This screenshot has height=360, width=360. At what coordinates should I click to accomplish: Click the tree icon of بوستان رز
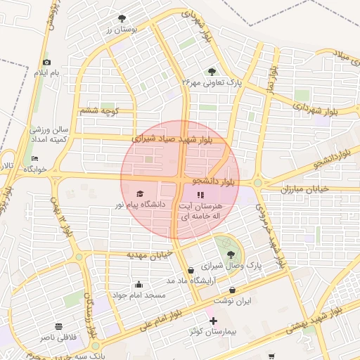point(123,18)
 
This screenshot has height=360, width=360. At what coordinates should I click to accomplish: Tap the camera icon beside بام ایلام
point(47,63)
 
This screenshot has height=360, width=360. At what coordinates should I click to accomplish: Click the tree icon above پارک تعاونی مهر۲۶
point(212,72)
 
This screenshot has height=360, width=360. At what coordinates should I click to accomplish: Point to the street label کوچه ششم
point(99,111)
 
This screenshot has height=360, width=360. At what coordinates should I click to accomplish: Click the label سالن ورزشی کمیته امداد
point(49,135)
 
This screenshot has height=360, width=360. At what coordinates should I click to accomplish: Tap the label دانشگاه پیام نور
point(140,205)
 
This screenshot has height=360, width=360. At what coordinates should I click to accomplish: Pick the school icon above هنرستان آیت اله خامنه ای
point(200,195)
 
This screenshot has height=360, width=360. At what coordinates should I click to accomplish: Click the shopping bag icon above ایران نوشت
point(233,290)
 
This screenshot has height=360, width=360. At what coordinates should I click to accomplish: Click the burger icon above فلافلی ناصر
point(58,327)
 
